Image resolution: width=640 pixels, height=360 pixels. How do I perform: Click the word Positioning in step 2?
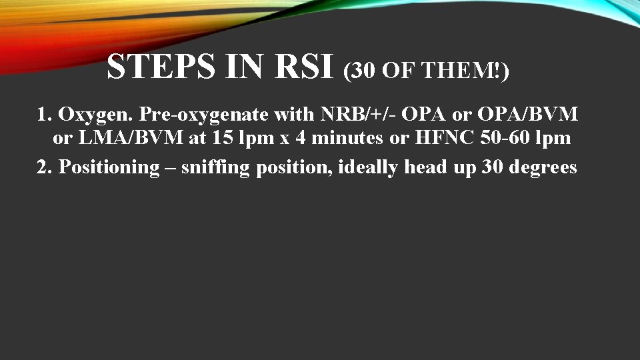coord(107,167)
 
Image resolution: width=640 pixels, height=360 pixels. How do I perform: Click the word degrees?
coord(543,167)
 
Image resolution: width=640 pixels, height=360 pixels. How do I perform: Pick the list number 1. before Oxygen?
coord(45,115)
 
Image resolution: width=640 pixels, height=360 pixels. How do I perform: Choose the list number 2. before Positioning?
coord(45,167)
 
